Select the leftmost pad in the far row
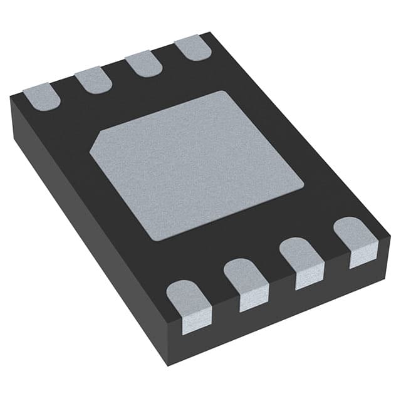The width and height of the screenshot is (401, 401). [42, 96]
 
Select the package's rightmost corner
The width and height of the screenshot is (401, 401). [389, 238]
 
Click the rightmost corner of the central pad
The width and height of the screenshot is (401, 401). [304, 184]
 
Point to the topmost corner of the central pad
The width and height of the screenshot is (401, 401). [228, 91]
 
